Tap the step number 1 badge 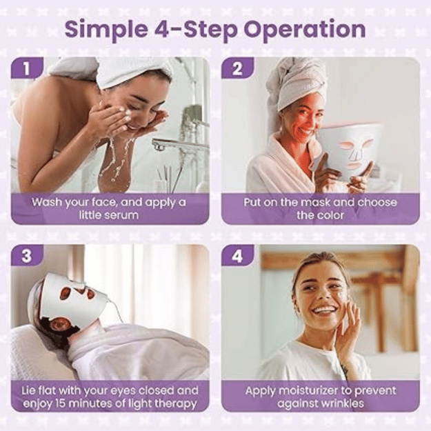pyautogui.click(x=27, y=68)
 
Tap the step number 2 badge pyautogui.click(x=237, y=68)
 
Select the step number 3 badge pyautogui.click(x=27, y=255)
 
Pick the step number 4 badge pyautogui.click(x=237, y=255)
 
